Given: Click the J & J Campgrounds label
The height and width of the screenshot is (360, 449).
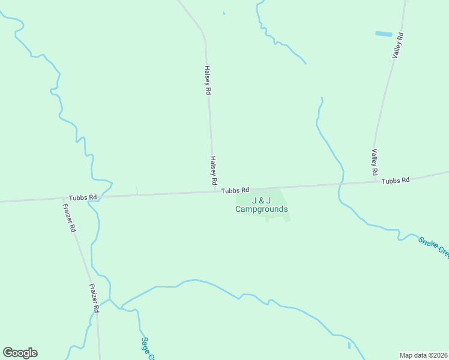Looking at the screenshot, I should [261, 205].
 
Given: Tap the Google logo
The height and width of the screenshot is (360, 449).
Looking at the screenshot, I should [20, 353].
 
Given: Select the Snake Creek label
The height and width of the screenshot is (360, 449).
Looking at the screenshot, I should [433, 247].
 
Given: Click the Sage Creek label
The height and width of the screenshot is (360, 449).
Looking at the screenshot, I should [148, 349].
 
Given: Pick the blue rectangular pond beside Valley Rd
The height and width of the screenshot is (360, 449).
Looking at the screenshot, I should [384, 34].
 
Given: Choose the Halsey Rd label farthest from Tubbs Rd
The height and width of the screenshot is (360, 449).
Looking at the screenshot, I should [208, 80].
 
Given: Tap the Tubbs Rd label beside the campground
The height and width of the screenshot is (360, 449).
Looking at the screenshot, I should [235, 190].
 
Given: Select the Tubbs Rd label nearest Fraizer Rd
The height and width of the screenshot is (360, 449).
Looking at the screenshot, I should [83, 197].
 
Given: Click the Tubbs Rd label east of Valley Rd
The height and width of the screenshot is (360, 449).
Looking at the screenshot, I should [396, 180].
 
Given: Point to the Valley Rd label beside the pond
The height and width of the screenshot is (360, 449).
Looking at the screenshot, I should [398, 46].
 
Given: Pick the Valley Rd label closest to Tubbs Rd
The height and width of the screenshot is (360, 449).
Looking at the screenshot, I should [374, 162].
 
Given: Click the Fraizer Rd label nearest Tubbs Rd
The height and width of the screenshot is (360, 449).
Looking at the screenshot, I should [69, 218].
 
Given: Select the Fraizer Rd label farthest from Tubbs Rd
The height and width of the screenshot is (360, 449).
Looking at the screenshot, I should [94, 298].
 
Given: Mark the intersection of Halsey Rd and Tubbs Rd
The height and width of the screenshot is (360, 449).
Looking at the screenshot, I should [215, 191].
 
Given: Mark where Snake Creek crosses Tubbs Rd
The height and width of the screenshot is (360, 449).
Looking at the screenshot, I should [341, 184].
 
